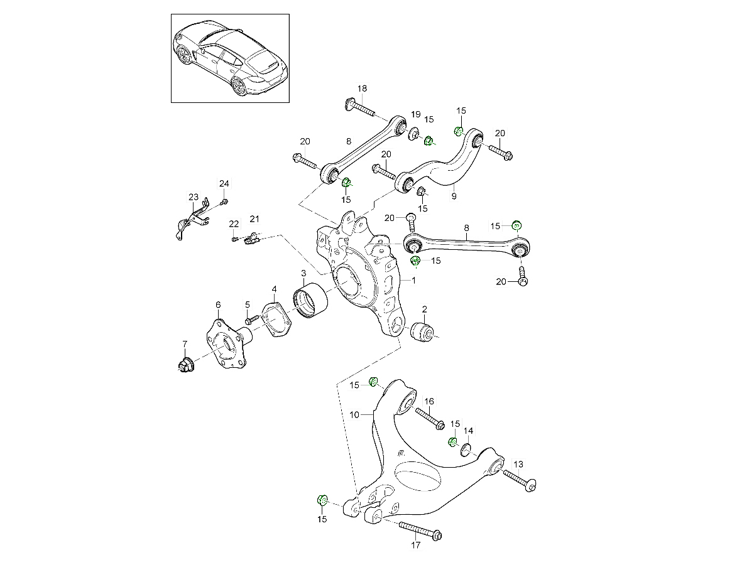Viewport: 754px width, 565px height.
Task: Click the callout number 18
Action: (x=362, y=89)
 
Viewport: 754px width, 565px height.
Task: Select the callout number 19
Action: (x=415, y=114)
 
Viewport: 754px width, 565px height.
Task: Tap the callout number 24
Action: (x=224, y=183)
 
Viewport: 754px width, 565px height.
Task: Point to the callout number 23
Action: (x=193, y=197)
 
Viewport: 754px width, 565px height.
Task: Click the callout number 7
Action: (x=185, y=343)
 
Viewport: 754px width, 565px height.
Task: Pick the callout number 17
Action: (x=415, y=545)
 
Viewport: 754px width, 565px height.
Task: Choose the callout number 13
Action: (x=518, y=464)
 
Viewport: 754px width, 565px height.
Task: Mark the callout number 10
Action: (x=354, y=414)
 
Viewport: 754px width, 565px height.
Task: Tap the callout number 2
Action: (x=425, y=309)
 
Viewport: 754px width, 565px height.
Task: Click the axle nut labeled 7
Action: (x=186, y=364)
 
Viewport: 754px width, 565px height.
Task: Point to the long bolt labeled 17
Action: (x=419, y=530)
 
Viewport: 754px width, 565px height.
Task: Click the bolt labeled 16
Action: (x=430, y=418)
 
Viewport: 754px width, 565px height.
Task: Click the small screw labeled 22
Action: (x=235, y=239)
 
